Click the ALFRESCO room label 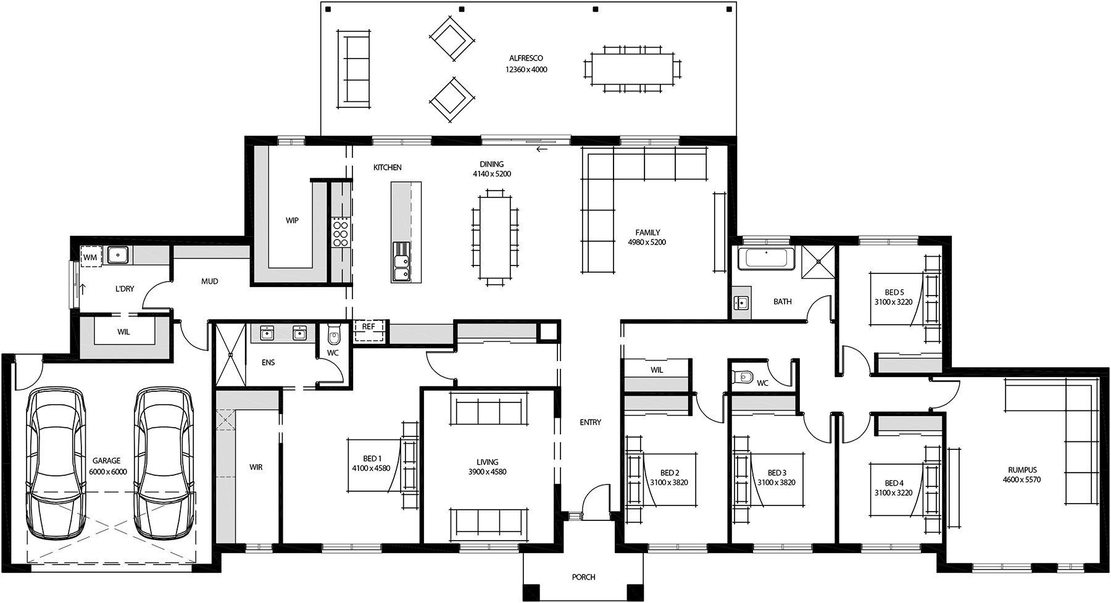pyautogui.click(x=526, y=58)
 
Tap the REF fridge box pyautogui.click(x=368, y=327)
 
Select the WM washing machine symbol pyautogui.click(x=90, y=257)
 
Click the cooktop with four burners pyautogui.click(x=341, y=233)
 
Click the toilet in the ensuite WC pyautogui.click(x=334, y=336)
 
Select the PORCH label pyautogui.click(x=583, y=577)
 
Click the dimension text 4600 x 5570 pyautogui.click(x=1022, y=480)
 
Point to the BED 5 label pyautogui.click(x=894, y=293)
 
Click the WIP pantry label pyautogui.click(x=292, y=220)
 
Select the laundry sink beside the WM pyautogui.click(x=117, y=255)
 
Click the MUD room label pyautogui.click(x=210, y=281)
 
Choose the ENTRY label pyautogui.click(x=590, y=422)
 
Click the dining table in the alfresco pyautogui.click(x=632, y=69)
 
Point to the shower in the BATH pyautogui.click(x=818, y=262)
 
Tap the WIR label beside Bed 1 pyautogui.click(x=256, y=467)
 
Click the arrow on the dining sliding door pyautogui.click(x=542, y=149)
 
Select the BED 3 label pyautogui.click(x=776, y=473)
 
